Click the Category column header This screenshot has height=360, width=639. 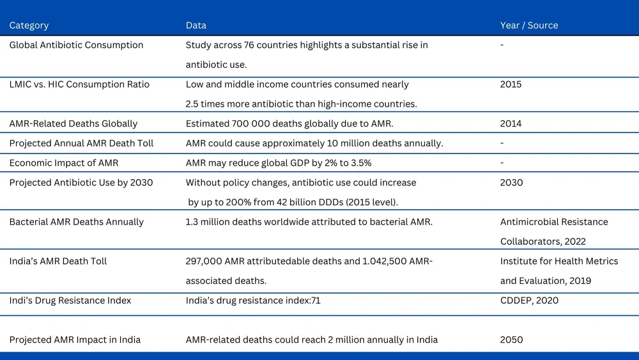pyautogui.click(x=29, y=26)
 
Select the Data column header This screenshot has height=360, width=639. pyautogui.click(x=196, y=26)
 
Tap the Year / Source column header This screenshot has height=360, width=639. pyautogui.click(x=528, y=26)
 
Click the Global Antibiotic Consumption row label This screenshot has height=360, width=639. pyautogui.click(x=76, y=45)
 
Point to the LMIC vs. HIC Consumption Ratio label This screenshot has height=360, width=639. pyautogui.click(x=79, y=84)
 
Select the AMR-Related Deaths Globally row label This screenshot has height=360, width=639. pyautogui.click(x=73, y=123)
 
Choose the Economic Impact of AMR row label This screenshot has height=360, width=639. pyautogui.click(x=63, y=163)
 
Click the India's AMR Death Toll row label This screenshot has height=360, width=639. pyautogui.click(x=58, y=261)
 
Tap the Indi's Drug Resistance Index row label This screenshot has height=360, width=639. pyautogui.click(x=70, y=301)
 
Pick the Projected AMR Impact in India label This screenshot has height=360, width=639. pyautogui.click(x=75, y=340)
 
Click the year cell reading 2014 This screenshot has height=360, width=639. pyautogui.click(x=511, y=123)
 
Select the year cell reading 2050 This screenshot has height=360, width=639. pyautogui.click(x=511, y=340)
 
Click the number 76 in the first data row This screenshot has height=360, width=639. pyautogui.click(x=247, y=45)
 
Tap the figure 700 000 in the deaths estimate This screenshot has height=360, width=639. pyautogui.click(x=254, y=123)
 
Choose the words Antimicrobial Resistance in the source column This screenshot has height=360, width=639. pyautogui.click(x=554, y=222)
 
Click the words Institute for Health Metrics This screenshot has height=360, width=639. pyautogui.click(x=559, y=261)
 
